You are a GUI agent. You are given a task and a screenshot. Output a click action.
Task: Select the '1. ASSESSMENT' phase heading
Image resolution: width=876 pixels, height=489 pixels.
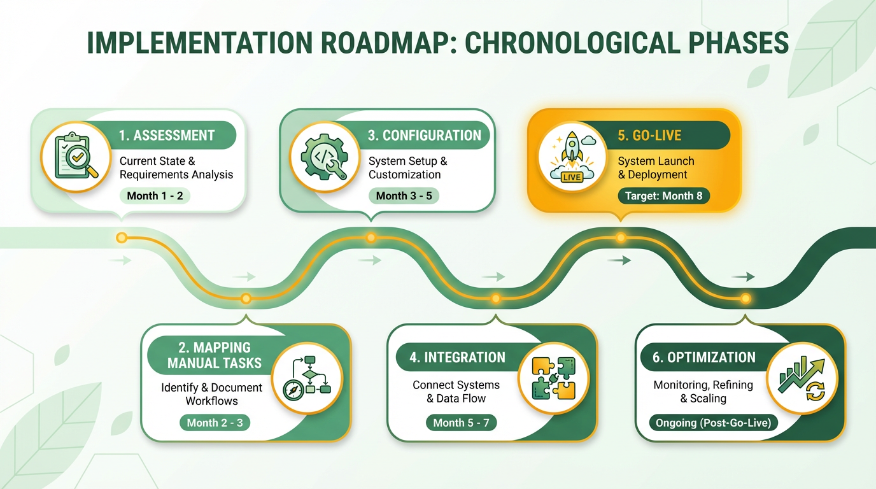[x=167, y=136]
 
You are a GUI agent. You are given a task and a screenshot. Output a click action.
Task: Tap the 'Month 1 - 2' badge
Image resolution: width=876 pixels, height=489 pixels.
[x=155, y=195]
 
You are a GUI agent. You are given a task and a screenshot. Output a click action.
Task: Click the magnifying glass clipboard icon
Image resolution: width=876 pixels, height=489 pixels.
[x=75, y=155]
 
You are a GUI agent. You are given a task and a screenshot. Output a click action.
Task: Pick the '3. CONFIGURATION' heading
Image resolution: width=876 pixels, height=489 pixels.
[x=425, y=136]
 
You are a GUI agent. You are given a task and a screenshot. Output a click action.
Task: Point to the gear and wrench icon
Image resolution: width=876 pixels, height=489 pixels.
[x=324, y=155]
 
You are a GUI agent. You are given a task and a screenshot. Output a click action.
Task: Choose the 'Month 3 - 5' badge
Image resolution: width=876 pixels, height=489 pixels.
[x=404, y=195]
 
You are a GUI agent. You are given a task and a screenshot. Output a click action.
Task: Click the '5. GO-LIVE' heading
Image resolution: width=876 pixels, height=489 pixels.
[x=649, y=136]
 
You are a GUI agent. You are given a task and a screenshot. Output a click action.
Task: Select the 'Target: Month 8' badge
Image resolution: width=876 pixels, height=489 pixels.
[x=663, y=195]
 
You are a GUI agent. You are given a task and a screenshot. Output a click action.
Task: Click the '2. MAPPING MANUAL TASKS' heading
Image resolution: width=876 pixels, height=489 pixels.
[x=215, y=355]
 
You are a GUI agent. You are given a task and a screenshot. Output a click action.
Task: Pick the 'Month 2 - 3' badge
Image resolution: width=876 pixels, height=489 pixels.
[x=215, y=422]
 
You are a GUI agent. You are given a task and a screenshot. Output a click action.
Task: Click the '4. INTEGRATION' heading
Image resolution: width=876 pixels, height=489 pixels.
[x=457, y=357]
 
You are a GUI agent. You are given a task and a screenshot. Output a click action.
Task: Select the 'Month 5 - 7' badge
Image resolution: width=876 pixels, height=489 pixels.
[x=461, y=422]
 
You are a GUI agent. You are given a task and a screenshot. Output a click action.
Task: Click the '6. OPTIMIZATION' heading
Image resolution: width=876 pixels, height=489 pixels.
[x=704, y=357]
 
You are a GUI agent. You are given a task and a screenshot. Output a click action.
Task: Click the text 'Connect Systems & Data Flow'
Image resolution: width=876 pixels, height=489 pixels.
[x=456, y=392]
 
